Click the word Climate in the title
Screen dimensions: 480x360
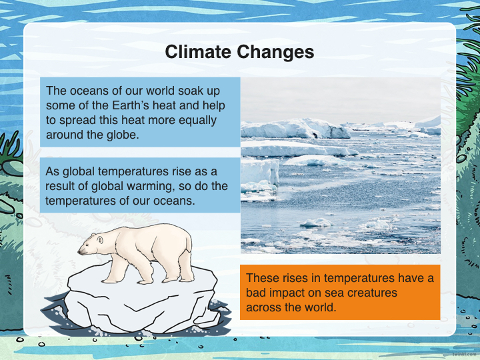coord(199,51)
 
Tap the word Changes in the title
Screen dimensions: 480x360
coord(275,53)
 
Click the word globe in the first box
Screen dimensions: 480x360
coord(123,135)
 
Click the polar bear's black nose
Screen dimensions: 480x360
coord(79,252)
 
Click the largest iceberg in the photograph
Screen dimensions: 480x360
coord(295,129)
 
